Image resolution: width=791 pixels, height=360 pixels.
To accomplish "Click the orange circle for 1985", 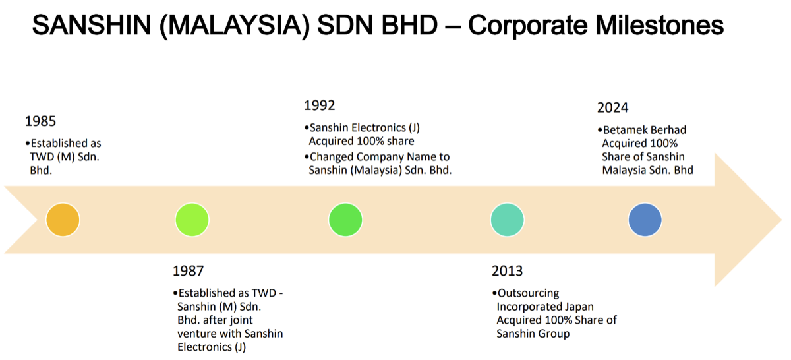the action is tap(63, 220).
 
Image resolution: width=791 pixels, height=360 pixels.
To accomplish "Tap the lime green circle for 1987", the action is tap(192, 220).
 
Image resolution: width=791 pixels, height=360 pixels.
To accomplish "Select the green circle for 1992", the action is tap(345, 220).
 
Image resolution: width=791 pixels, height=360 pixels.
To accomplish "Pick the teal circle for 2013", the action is tap(507, 220).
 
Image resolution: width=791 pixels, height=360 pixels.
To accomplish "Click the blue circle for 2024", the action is tap(645, 220).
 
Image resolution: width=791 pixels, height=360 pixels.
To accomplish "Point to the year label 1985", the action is tap(40, 121).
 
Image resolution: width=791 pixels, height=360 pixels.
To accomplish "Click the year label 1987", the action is tap(189, 271).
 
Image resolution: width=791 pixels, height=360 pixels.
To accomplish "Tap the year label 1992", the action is tap(320, 105).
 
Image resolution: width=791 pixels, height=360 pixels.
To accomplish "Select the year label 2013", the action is tap(507, 271).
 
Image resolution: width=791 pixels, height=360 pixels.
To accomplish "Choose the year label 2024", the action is tap(612, 107).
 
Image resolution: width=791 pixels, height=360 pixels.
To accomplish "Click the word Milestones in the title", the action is tap(660, 25).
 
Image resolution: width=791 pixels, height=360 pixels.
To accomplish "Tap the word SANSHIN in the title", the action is tap(92, 25).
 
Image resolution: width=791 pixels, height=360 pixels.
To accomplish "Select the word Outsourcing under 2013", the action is tap(528, 293).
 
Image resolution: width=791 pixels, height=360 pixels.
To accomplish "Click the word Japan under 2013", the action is tap(579, 307).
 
